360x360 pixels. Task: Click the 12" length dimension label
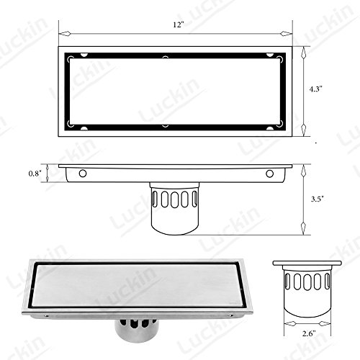179,24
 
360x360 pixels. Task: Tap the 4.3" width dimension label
315,89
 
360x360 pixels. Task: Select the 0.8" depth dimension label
35,174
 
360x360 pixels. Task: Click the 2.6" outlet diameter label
309,333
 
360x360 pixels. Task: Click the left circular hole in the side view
83,174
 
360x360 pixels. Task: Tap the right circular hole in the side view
269,174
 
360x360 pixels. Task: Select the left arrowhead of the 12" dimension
65,34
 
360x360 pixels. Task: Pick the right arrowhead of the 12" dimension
287,34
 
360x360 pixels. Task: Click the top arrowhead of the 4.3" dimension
304,53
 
